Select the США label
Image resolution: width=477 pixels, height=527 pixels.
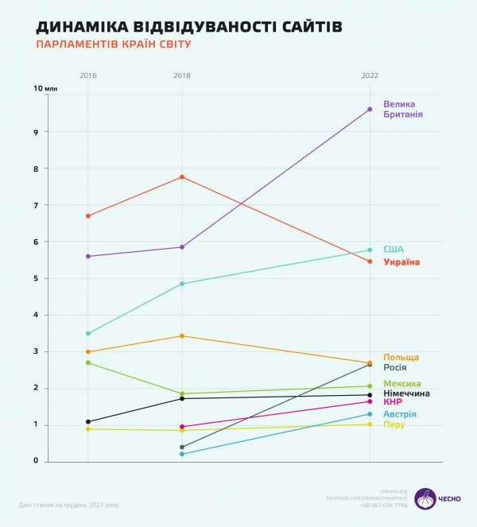393,249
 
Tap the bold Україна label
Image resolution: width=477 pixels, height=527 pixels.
401,262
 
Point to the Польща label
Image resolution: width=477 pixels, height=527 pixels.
401,357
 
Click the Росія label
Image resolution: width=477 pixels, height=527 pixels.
395,367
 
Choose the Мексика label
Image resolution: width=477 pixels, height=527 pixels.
402,384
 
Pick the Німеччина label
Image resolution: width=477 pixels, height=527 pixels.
406,393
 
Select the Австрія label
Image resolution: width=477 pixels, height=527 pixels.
400,414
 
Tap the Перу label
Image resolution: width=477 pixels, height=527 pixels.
394,424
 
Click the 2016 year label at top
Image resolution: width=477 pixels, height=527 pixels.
87,76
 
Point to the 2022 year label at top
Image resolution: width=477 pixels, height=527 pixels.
370,76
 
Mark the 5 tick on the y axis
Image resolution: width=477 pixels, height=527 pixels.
37,278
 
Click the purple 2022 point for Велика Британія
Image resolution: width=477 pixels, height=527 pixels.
370,109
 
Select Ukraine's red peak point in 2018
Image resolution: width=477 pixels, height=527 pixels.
182,176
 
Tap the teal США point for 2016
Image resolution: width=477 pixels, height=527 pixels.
88,333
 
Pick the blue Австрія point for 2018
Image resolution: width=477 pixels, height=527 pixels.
182,454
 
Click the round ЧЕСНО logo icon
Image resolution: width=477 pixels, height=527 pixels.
425,499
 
